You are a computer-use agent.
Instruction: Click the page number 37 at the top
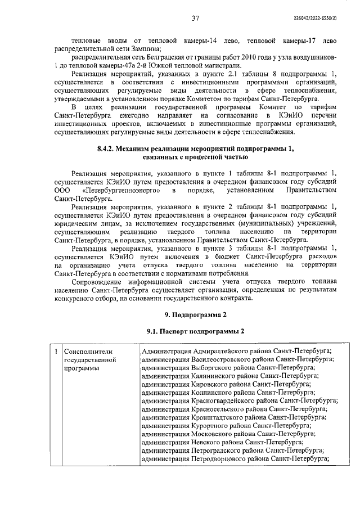click(x=195, y=19)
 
